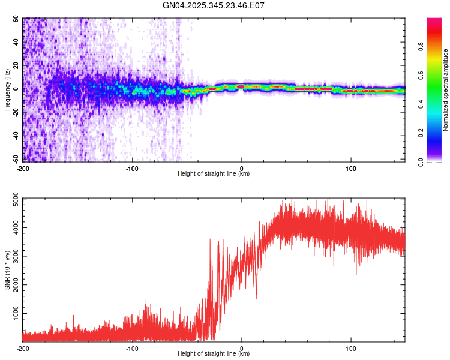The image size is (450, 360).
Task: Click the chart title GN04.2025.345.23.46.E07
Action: pos(214,5)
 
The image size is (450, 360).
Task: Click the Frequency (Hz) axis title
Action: pos(7,90)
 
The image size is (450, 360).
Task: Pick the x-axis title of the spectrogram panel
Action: pos(214,174)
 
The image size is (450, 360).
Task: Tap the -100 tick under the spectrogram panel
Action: pos(132,167)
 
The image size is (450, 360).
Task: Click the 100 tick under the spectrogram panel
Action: pos(351,167)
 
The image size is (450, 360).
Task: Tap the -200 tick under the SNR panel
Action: pos(23,348)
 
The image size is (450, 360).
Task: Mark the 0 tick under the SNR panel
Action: pos(242,348)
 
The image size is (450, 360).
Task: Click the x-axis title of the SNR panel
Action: pos(214,354)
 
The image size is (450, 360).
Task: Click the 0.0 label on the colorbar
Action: pos(438,161)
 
